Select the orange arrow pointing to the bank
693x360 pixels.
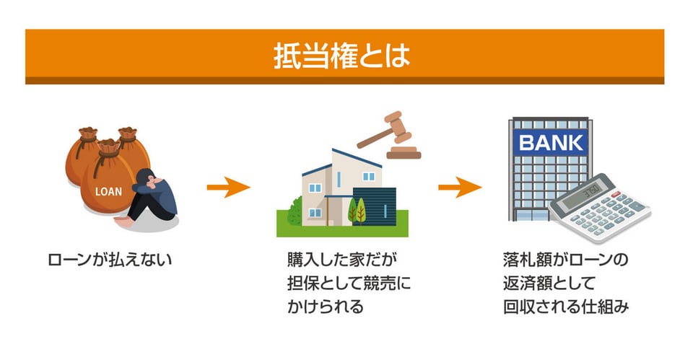[460, 188]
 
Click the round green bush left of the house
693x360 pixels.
[295, 211]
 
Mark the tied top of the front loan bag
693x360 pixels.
[108, 148]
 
